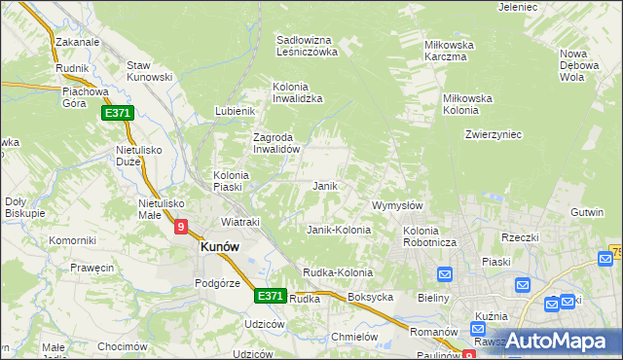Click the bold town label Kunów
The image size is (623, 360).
pyautogui.click(x=219, y=247)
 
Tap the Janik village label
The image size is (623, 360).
pyautogui.click(x=324, y=185)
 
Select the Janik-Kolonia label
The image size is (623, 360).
pyautogui.click(x=339, y=230)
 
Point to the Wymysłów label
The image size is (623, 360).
pyautogui.click(x=397, y=205)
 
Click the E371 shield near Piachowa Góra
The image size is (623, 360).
pyautogui.click(x=117, y=114)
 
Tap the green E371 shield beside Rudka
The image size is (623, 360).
pyautogui.click(x=271, y=295)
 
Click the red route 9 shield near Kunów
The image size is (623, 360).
pyautogui.click(x=181, y=227)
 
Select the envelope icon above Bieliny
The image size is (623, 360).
pyautogui.click(x=446, y=274)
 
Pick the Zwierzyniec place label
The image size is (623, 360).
pyautogui.click(x=494, y=134)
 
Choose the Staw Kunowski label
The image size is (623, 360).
pyautogui.click(x=150, y=71)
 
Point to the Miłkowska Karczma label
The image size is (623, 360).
pyautogui.click(x=449, y=51)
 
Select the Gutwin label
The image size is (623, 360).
pyautogui.click(x=589, y=211)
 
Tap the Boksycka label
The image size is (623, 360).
pyautogui.click(x=370, y=297)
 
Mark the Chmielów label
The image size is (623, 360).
pyautogui.click(x=354, y=336)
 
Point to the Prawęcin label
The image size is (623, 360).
pyautogui.click(x=92, y=268)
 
